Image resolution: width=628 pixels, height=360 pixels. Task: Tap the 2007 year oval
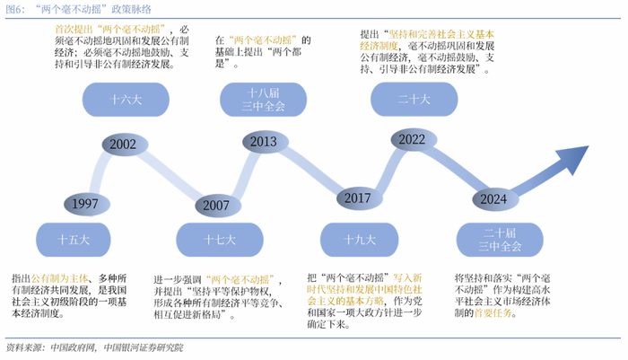coord(216,205)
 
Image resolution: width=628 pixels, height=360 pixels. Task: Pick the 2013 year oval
coord(263,143)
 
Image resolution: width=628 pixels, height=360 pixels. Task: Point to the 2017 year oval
coord(357,198)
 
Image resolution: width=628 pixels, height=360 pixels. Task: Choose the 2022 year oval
coord(412,140)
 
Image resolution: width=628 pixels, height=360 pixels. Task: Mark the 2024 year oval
coord(494,198)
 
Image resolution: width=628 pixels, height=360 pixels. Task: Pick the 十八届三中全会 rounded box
coord(263,98)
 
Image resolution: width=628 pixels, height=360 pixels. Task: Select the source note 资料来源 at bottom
coord(24,347)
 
